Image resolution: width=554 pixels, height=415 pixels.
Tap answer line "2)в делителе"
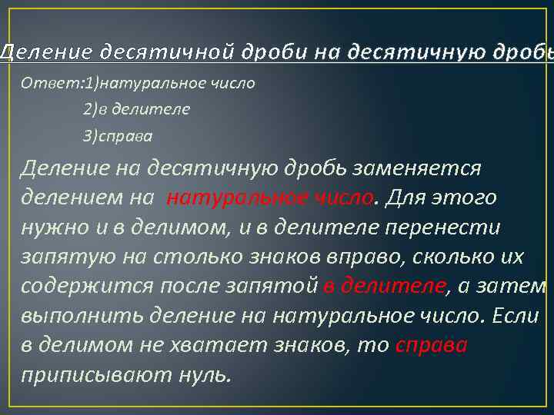136,109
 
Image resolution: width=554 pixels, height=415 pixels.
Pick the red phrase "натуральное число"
270,198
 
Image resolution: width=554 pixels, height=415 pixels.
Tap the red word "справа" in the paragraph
431,346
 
